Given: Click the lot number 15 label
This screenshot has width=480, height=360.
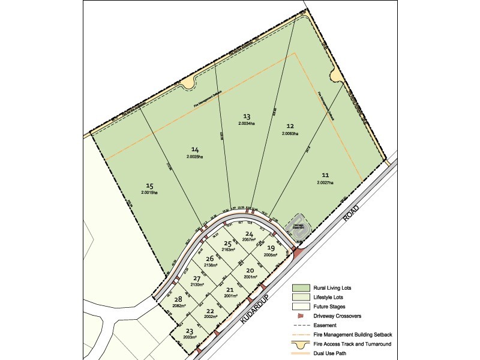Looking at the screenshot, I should (x=149, y=185).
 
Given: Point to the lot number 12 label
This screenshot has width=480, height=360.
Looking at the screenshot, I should (x=290, y=126).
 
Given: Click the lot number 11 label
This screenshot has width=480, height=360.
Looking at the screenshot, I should (x=325, y=175).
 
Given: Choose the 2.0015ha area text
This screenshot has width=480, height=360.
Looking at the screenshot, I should (x=149, y=193).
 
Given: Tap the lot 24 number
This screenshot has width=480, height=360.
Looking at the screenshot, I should (x=249, y=234).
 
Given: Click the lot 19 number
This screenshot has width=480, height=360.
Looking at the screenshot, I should (x=271, y=248).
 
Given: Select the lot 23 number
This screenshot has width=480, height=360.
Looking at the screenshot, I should (x=190, y=331).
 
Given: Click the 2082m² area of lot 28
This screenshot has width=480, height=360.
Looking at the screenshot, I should (x=178, y=305).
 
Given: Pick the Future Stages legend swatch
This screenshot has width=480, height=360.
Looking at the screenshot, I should (x=301, y=306).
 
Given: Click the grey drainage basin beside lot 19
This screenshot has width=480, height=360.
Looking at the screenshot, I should (x=298, y=227).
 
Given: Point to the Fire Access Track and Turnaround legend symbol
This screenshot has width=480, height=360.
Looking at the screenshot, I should (x=301, y=344).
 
